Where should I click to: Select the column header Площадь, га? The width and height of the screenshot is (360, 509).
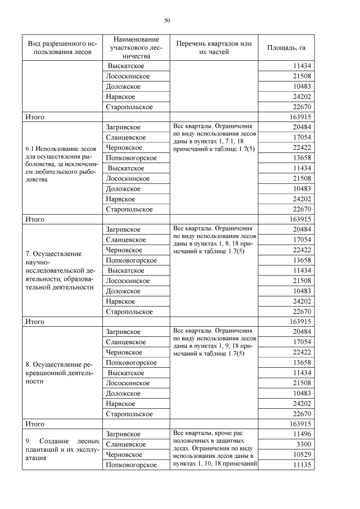[290, 48]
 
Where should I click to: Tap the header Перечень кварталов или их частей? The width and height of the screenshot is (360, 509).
[213, 48]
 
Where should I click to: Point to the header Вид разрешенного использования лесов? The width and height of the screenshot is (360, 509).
[62, 48]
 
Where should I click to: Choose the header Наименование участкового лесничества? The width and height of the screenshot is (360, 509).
[136, 48]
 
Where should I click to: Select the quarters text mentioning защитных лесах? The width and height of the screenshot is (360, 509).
[213, 448]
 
